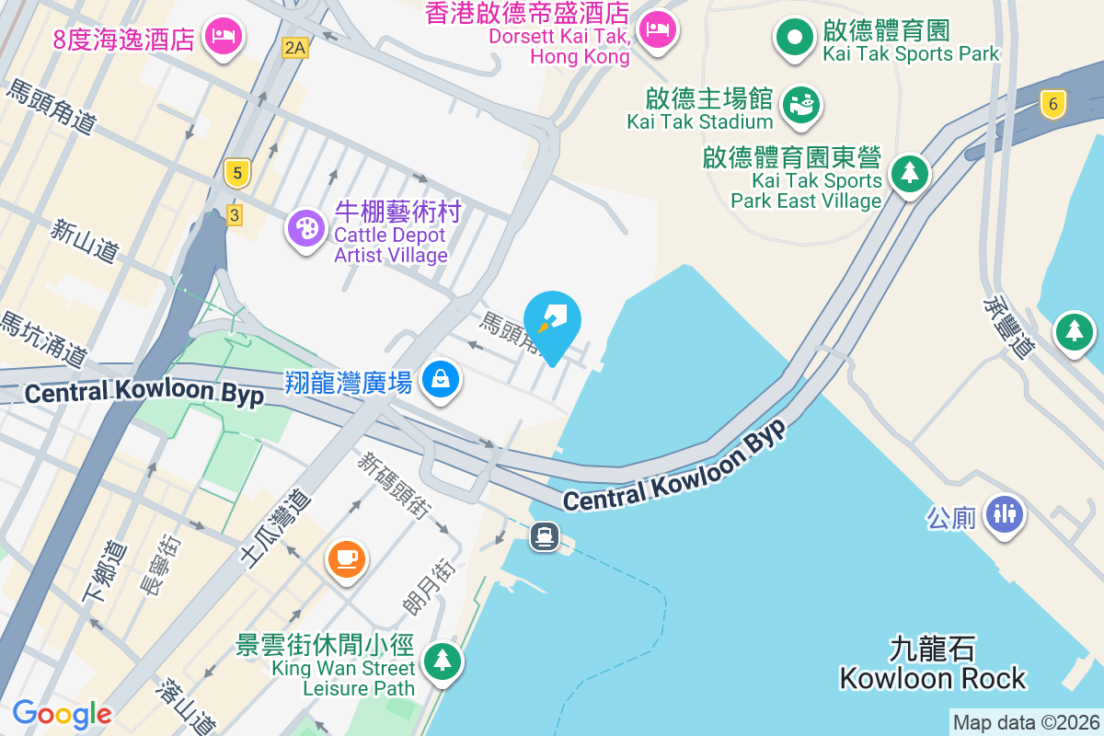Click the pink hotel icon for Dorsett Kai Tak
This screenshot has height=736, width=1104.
(658, 30)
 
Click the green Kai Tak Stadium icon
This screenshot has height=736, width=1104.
(800, 106)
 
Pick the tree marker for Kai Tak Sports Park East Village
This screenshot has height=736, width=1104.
(910, 172)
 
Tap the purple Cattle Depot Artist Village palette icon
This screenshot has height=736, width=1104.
(305, 227)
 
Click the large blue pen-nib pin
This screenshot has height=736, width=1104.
(552, 322)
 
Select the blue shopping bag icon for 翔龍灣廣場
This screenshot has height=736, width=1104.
(441, 378)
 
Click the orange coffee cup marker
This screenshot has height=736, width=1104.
(347, 558)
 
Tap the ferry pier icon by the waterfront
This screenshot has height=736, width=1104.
(545, 535)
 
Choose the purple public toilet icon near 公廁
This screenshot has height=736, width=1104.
(1004, 513)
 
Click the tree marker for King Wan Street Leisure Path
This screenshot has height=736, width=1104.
(443, 660)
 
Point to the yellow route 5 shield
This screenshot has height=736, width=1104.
(237, 172)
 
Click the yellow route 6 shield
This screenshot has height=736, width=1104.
(1053, 104)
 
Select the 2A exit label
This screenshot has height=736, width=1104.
(294, 48)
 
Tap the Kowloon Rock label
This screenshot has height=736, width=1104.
(932, 664)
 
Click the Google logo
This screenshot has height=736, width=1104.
(62, 714)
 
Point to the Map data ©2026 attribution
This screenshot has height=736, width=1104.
(1026, 723)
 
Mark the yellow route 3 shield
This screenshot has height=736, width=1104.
(235, 214)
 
